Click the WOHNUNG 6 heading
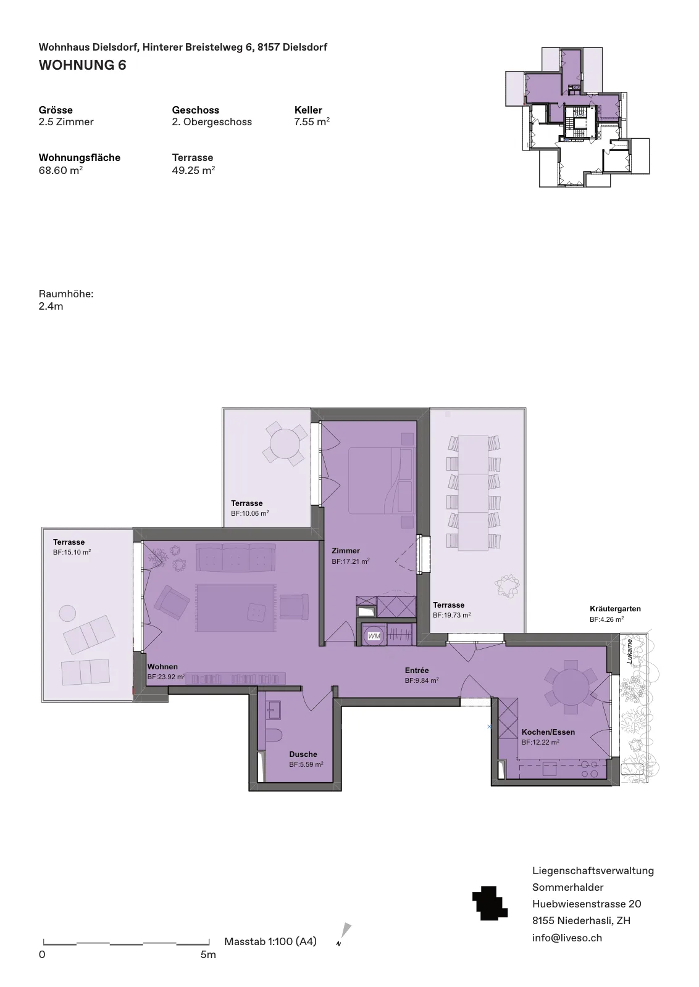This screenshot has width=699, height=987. click(83, 65)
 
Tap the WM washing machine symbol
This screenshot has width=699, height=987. click(374, 636)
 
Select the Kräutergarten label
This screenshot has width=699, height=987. click(615, 609)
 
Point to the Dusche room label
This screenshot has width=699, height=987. click(303, 754)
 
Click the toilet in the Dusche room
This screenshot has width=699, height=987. click(275, 737)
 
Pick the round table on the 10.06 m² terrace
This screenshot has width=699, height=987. click(285, 444)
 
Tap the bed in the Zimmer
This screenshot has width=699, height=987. click(381, 481)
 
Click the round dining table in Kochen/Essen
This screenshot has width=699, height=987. click(571, 687)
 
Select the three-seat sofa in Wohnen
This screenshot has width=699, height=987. click(236, 557)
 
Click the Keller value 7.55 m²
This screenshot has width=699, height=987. click(312, 122)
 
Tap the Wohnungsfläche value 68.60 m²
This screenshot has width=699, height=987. click(61, 170)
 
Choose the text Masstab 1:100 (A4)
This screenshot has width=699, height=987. click(270, 941)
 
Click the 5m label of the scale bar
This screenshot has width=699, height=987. click(208, 954)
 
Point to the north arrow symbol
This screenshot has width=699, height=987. click(344, 934)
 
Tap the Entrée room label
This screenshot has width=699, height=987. click(417, 670)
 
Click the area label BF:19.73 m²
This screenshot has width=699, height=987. click(451, 615)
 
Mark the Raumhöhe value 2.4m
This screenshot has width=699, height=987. click(51, 306)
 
